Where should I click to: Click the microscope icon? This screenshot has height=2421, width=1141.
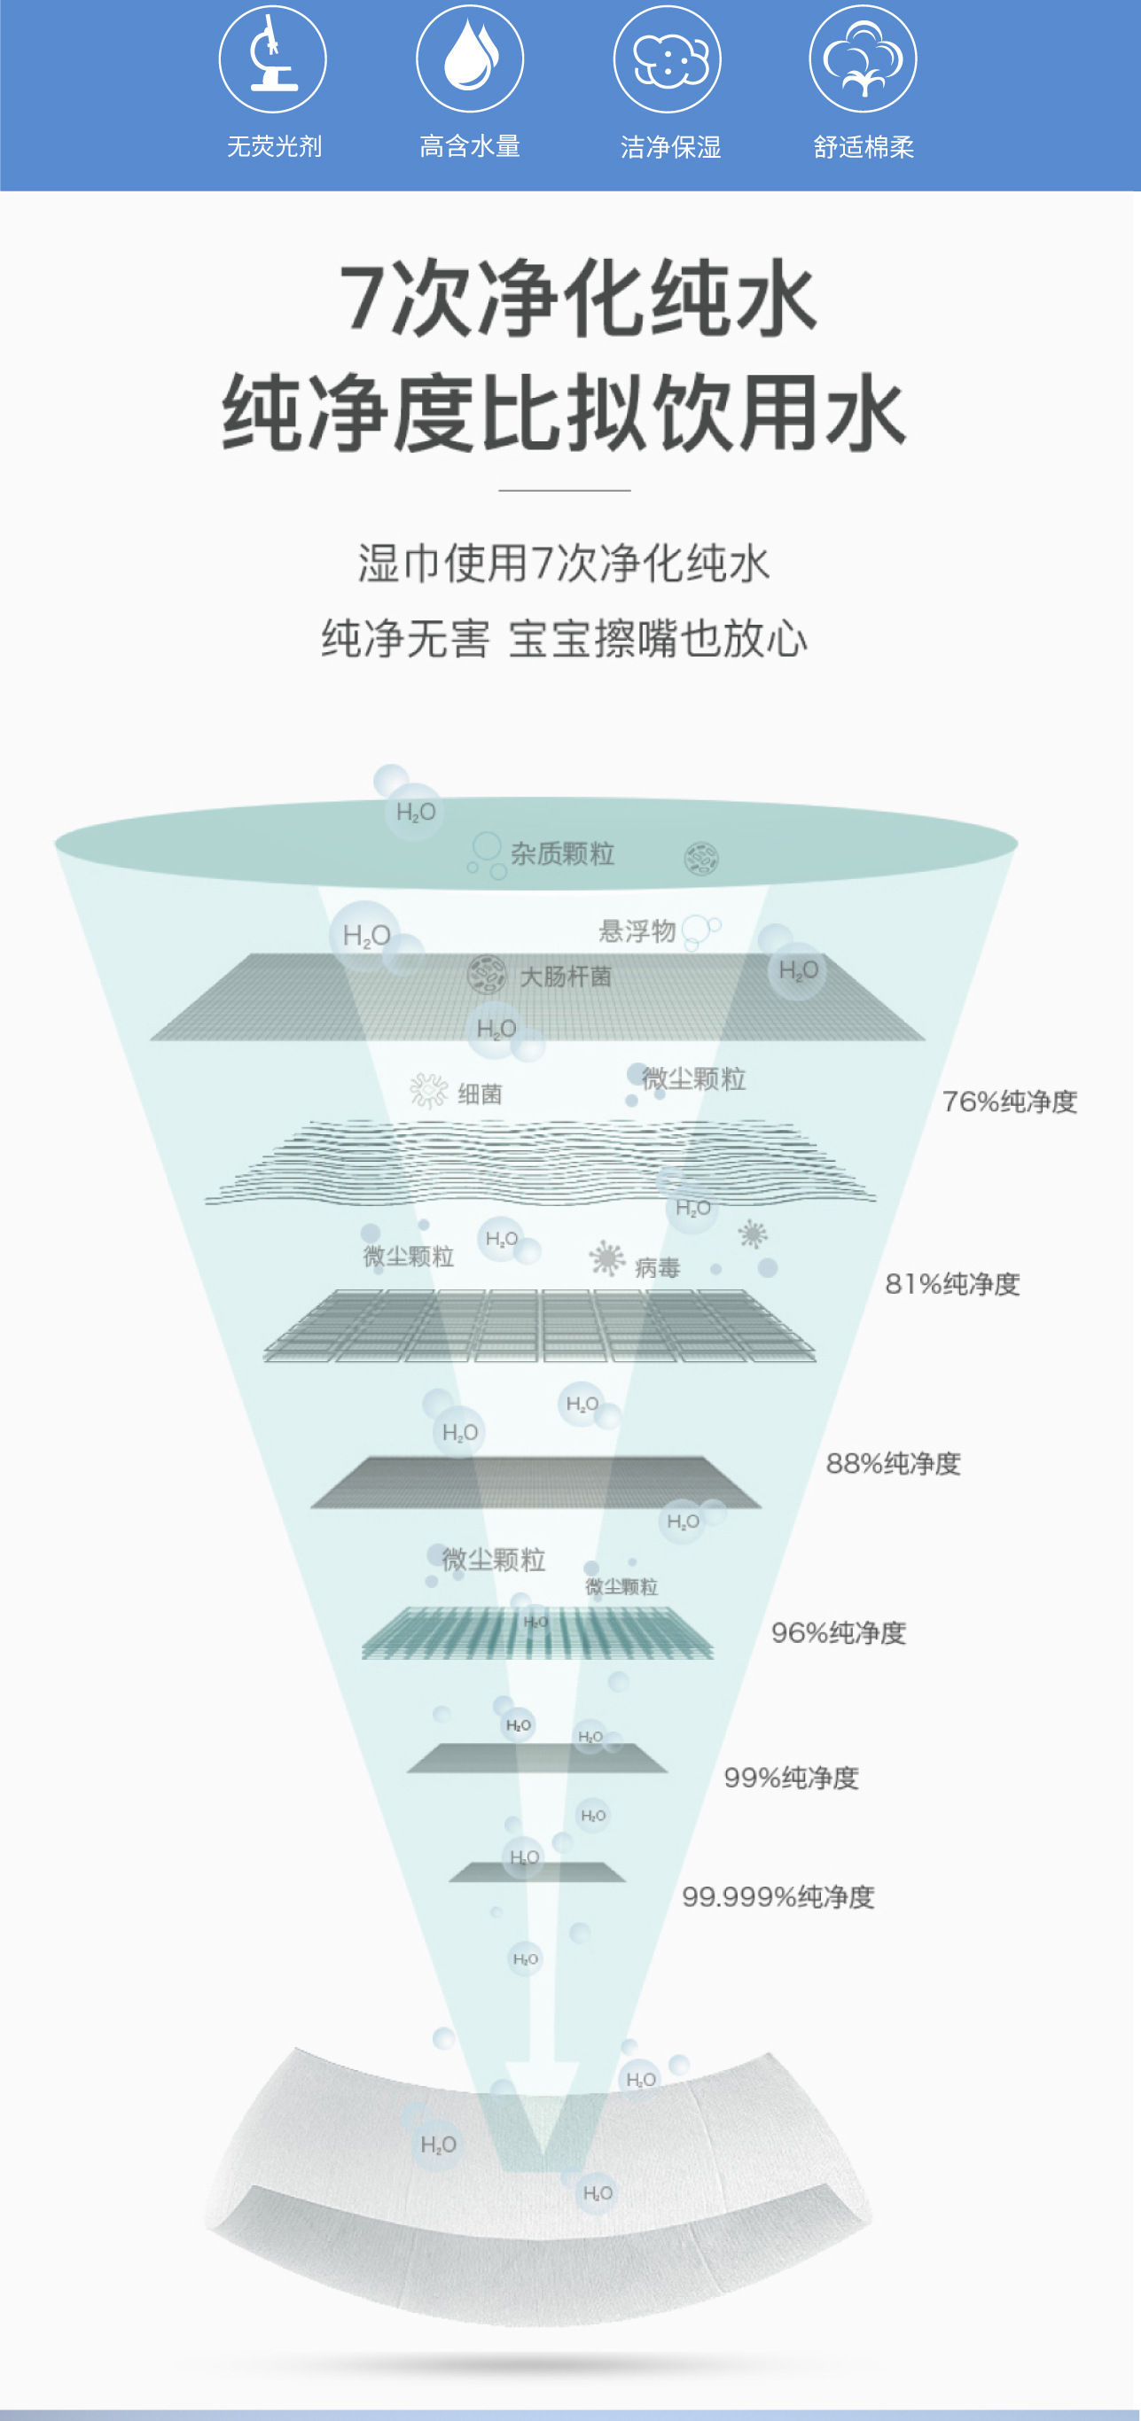pos(272,58)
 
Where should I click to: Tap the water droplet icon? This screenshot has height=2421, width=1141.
pos(470,58)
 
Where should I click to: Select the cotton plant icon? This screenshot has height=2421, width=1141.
pos(863,58)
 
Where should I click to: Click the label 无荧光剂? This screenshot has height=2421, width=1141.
pos(275,146)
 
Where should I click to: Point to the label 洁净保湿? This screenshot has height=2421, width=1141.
pos(670,146)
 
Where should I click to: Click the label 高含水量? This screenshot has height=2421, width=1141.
pos(470,146)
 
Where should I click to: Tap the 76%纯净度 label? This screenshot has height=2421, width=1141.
pos(1010,1102)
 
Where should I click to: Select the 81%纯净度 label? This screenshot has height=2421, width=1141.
pos(952,1284)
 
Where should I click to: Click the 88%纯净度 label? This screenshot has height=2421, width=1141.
pos(893,1463)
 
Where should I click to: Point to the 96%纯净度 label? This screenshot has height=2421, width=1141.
pos(839,1632)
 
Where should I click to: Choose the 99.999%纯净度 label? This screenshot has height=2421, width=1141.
pos(778,1896)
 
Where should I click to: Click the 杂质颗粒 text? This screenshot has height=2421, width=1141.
pos(562,853)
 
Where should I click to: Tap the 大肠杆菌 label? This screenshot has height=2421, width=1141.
pos(566,977)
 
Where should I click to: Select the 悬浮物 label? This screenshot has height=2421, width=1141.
pos(637,930)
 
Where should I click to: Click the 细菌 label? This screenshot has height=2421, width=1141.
pos(480,1094)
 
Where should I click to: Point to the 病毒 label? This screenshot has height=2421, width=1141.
pos(657,1268)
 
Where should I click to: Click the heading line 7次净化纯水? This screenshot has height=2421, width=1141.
pos(577,299)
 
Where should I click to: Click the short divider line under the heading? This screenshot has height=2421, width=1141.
pos(564,491)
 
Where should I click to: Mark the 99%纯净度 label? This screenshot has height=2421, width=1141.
pos(792,1778)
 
